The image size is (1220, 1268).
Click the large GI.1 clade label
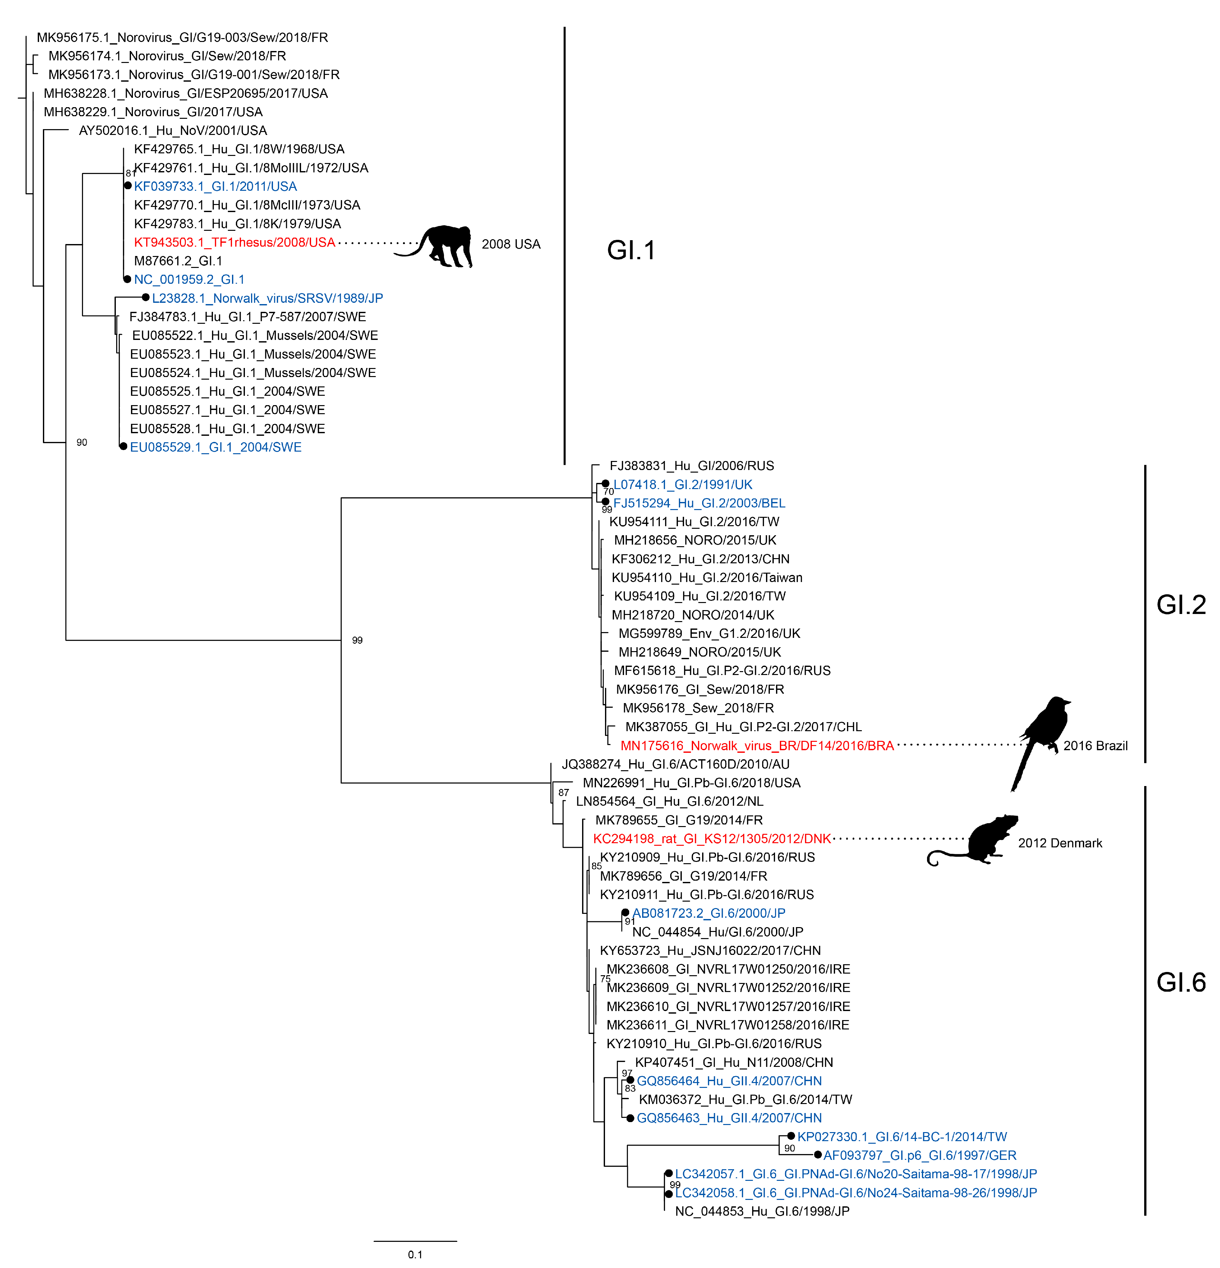(x=631, y=251)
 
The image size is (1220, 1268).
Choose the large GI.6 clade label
(x=1181, y=982)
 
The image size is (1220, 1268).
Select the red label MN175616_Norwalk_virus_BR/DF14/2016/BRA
(x=756, y=746)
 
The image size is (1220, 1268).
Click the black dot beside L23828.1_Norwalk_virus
(x=146, y=298)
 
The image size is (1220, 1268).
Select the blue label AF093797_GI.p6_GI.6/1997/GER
(x=919, y=1155)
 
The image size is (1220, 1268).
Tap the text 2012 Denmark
(x=1060, y=843)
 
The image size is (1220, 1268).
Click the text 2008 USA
(x=511, y=244)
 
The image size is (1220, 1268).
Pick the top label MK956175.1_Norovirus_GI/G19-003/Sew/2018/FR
(x=182, y=37)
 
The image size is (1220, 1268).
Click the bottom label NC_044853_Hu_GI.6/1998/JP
(x=761, y=1211)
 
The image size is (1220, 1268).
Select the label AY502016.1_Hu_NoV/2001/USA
(x=173, y=131)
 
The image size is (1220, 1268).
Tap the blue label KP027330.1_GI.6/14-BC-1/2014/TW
(x=902, y=1137)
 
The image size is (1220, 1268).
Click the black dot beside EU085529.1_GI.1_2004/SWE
(x=123, y=446)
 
